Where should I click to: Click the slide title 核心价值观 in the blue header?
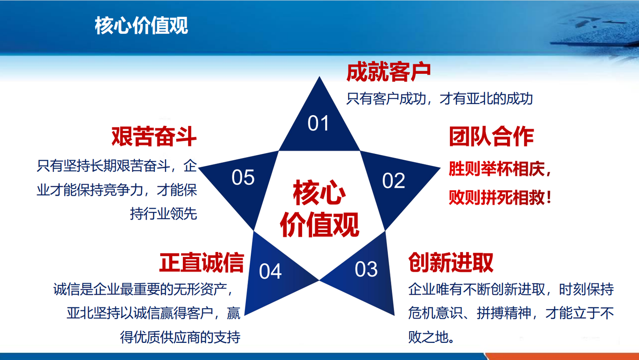tap(141, 26)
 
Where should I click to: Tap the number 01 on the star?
tap(318, 123)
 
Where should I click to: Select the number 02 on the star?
tap(394, 180)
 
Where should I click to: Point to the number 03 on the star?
tap(366, 269)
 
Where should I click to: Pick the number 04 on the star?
tap(270, 271)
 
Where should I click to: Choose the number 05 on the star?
tap(243, 177)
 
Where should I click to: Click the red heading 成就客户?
tap(389, 72)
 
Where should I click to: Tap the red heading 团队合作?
tap(491, 136)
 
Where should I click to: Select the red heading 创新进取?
tap(451, 262)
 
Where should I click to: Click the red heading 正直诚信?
tap(201, 262)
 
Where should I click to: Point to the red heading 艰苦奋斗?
tap(154, 136)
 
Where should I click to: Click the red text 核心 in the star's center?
tap(319, 193)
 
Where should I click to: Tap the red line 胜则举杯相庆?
tap(500, 169)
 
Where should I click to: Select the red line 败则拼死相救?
tap(500, 198)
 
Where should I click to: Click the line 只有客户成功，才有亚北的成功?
tap(440, 99)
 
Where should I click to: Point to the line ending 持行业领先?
tap(163, 213)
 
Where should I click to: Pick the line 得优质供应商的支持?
tap(180, 337)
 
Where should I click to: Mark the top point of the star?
tap(319, 76)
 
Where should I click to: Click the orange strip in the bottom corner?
tap(562, 356)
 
